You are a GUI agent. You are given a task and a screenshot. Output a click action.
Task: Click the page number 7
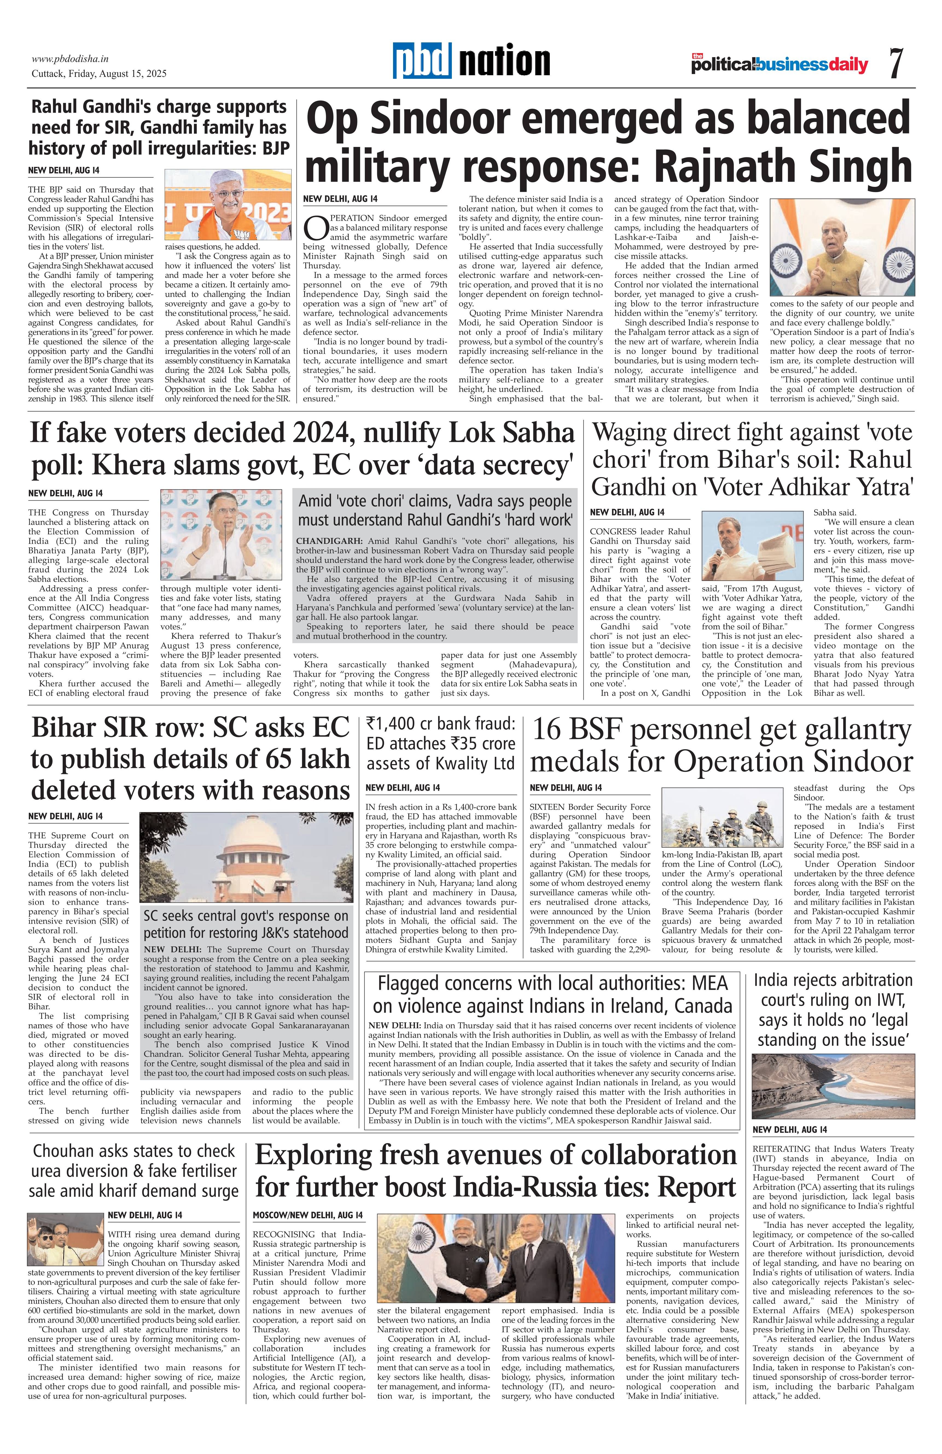[x=896, y=63]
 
